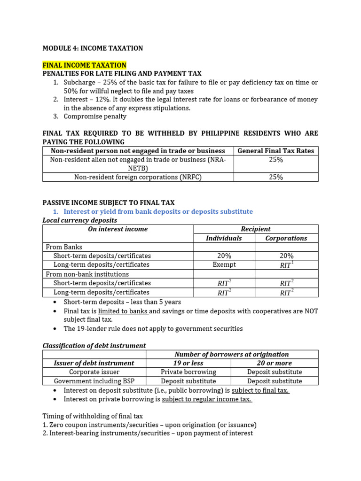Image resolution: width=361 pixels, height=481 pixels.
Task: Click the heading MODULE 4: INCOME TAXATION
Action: pos(93,48)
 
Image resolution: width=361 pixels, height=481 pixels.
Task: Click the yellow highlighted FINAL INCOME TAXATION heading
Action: pos(85,65)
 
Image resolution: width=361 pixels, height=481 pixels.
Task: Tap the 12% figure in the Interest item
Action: pos(102,100)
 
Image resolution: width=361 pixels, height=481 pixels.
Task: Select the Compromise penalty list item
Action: pos(95,116)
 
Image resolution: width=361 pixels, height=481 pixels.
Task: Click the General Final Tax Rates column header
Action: pos(276,151)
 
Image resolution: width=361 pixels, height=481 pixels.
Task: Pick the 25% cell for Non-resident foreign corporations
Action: pos(276,177)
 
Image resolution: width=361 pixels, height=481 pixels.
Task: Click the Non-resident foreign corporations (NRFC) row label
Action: pos(138,177)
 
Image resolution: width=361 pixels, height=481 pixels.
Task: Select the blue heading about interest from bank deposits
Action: pos(158,211)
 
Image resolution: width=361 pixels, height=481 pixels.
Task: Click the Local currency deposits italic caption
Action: pos(80,220)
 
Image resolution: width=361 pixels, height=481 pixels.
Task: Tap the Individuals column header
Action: pos(224,238)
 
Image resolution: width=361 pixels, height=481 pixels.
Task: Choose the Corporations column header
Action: pos(286,238)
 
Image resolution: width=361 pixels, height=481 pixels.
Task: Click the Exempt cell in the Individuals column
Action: pos(224,264)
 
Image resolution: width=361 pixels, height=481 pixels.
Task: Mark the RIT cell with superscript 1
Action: pos(286,265)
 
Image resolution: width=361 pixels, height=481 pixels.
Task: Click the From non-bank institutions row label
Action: pos(87,274)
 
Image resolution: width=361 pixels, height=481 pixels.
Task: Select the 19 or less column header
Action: pos(188,363)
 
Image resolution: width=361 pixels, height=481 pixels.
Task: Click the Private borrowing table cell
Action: pos(188,372)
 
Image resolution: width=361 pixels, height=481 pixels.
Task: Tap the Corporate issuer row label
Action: pos(94,372)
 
